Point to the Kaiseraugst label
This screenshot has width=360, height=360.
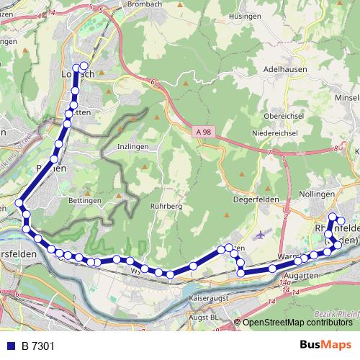207,297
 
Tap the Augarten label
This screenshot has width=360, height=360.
301,276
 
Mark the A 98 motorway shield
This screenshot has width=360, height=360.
202,131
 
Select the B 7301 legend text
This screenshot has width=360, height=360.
37,346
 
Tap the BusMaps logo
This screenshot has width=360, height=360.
325,346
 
